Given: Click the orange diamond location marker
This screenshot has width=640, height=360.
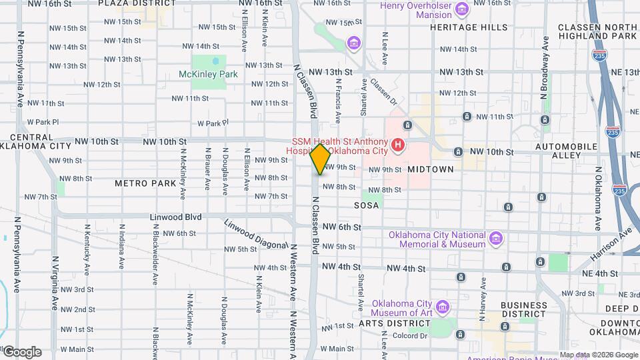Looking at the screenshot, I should (x=320, y=159).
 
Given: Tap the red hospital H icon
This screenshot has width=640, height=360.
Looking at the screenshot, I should (x=398, y=144).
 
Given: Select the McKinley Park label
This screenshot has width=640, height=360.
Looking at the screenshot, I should (x=208, y=74).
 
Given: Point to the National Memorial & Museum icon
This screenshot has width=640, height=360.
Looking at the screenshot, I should (x=495, y=238).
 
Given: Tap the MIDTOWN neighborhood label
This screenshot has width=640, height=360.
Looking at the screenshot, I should (x=431, y=169).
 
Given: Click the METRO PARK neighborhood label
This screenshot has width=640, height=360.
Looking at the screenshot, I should (x=145, y=183).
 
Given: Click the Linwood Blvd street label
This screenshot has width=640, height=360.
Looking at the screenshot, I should (x=175, y=217).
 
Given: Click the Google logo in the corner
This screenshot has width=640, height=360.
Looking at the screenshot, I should (x=21, y=352).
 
